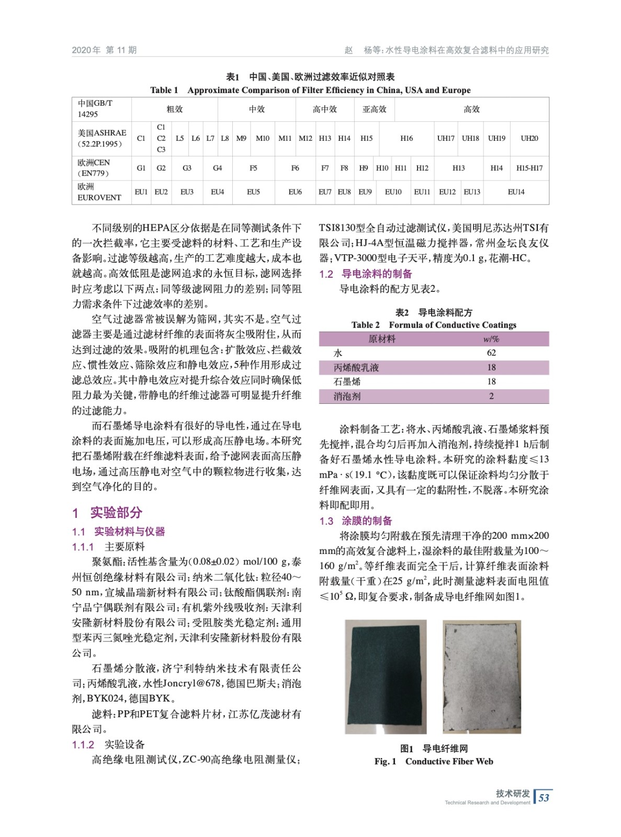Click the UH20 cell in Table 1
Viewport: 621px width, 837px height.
(x=529, y=138)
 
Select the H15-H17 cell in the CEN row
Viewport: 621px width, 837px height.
(x=529, y=168)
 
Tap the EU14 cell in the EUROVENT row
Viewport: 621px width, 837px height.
(x=516, y=192)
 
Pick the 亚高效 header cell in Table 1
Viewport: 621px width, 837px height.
(x=375, y=109)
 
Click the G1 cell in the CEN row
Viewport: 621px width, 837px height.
(x=141, y=168)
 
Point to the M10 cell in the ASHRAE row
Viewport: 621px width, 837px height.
(x=263, y=138)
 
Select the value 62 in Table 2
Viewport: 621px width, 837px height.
(x=491, y=353)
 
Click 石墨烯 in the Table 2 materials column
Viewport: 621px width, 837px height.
(x=347, y=382)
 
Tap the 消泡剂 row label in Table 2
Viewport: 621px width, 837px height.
(x=347, y=397)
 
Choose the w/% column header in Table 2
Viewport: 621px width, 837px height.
(x=491, y=339)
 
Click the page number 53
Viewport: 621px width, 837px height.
(x=544, y=797)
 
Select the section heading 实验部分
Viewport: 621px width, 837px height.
(x=116, y=513)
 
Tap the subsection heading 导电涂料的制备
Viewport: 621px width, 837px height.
(x=377, y=274)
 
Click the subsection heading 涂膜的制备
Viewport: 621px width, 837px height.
(x=367, y=521)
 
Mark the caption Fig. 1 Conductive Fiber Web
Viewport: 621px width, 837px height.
(x=434, y=762)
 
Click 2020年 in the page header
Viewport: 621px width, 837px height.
(x=86, y=50)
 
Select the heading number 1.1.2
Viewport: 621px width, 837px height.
(x=83, y=744)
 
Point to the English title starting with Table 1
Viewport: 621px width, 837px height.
(x=310, y=90)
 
